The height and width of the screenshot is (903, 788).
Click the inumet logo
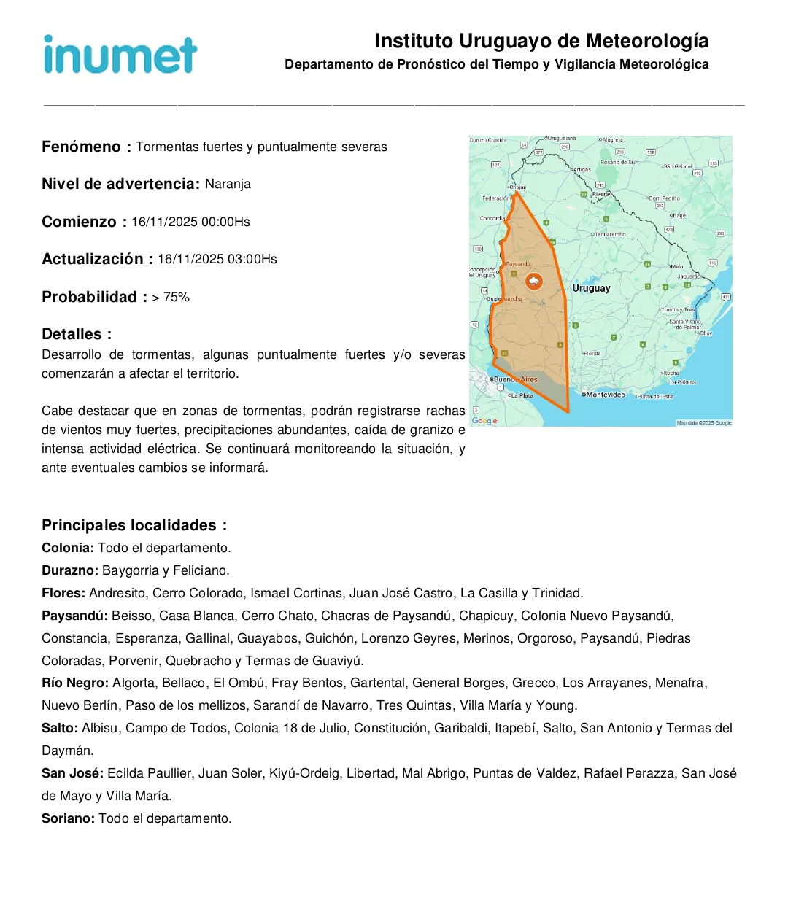click(120, 55)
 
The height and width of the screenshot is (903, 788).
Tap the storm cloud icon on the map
click(534, 281)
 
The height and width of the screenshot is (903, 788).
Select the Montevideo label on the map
click(605, 395)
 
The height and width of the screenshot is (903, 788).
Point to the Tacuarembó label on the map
click(610, 235)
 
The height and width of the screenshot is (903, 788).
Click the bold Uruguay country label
click(591, 289)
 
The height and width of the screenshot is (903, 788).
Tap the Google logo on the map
click(484, 421)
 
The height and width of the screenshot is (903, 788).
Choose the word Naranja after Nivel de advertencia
click(228, 184)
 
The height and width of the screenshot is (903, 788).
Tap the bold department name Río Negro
click(74, 683)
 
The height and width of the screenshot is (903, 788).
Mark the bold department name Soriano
click(67, 818)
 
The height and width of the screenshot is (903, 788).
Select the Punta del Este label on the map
click(656, 396)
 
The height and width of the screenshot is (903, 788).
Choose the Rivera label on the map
click(600, 195)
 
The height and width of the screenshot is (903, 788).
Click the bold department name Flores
click(63, 593)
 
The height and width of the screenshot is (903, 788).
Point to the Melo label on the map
click(676, 267)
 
